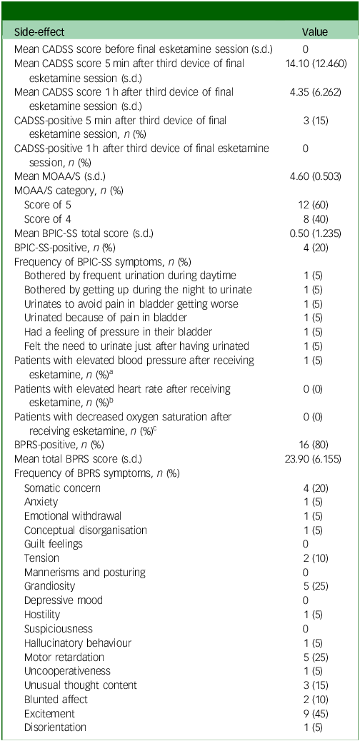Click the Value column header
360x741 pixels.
[314, 32]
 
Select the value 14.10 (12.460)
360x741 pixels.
[314, 64]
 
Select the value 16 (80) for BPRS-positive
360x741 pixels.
[314, 446]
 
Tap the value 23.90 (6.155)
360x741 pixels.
[314, 460]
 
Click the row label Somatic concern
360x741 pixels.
[62, 488]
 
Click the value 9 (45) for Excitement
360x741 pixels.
[314, 713]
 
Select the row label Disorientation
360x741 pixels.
[55, 727]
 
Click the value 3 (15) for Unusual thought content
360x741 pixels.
[314, 685]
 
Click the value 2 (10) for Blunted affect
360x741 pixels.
[314, 700]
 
